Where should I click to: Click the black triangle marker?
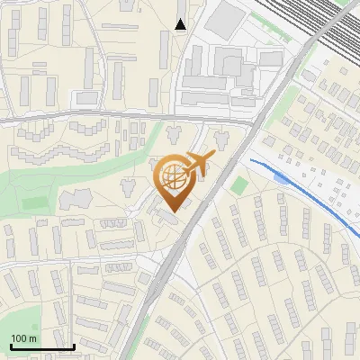[181, 24]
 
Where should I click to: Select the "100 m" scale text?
[23, 338]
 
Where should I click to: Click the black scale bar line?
[41, 346]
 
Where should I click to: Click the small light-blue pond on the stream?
[281, 178]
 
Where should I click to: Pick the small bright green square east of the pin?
[238, 185]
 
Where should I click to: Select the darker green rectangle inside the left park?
[34, 202]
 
